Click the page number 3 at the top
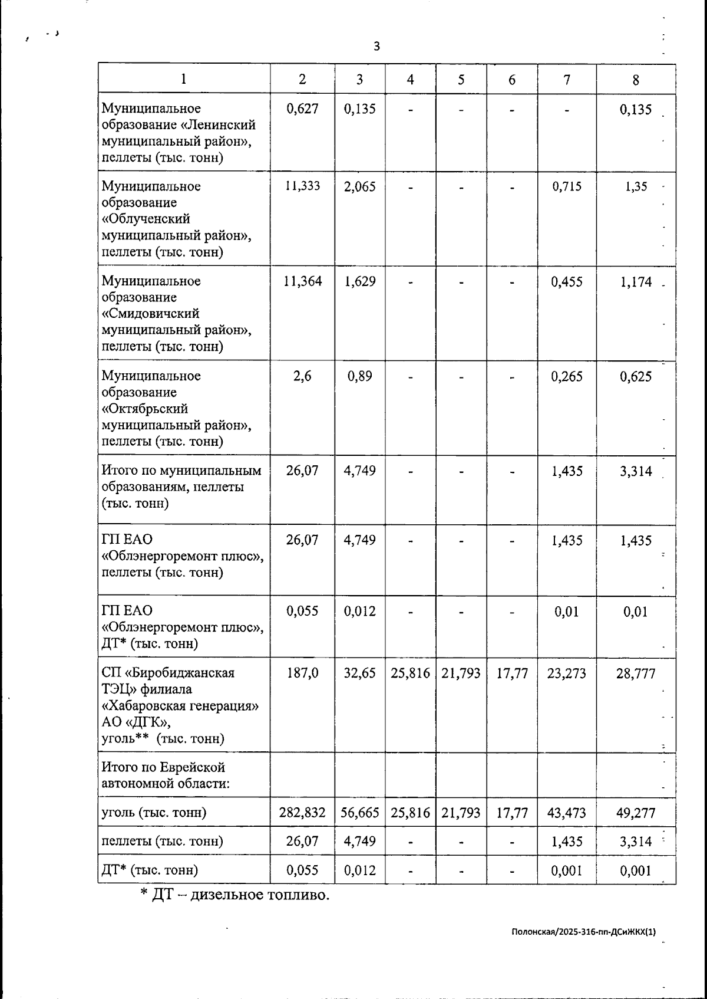tap(376, 47)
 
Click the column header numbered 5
tap(461, 80)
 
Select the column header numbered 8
tap(635, 80)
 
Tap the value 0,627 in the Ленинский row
tap(302, 109)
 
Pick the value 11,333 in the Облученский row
tap(302, 186)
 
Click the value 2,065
tap(359, 186)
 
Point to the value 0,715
tap(566, 186)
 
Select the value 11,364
tap(302, 281)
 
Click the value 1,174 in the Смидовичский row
tap(635, 281)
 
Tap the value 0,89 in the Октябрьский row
tap(359, 376)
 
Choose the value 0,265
tap(566, 376)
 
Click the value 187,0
tap(302, 673)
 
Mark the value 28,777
tap(635, 673)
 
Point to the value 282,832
tap(302, 813)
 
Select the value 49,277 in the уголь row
tap(635, 813)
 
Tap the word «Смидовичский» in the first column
tap(150, 314)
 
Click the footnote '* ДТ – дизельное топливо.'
tap(234, 895)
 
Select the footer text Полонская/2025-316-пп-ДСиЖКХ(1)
tap(583, 932)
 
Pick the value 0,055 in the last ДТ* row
tap(302, 870)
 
